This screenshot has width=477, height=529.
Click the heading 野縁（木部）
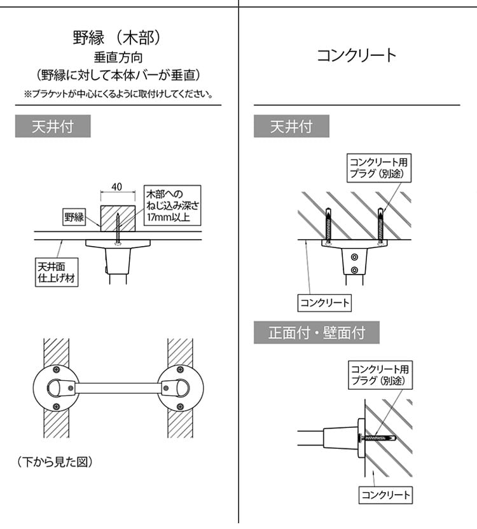point(118,38)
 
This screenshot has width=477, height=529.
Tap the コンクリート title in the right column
point(357,55)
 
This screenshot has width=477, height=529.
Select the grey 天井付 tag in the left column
point(53,127)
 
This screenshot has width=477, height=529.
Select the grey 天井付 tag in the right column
point(291,127)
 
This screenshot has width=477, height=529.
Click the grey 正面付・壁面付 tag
point(317,333)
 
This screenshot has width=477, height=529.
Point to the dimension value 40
point(116,187)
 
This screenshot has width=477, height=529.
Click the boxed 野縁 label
point(74,217)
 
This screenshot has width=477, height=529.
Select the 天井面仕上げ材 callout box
point(57,271)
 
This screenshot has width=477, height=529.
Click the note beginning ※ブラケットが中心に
point(118,93)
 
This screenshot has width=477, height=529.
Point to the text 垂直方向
point(118,57)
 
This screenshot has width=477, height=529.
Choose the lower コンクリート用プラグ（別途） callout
point(380,374)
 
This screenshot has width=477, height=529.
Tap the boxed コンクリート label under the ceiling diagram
point(325,302)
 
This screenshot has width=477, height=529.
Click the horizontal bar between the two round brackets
point(118,387)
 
